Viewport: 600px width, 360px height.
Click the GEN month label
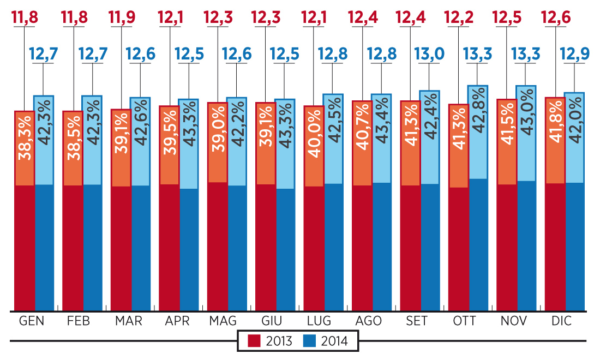31,321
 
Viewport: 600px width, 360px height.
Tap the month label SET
417,321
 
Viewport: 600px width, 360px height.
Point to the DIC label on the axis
561,321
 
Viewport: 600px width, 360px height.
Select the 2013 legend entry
271,341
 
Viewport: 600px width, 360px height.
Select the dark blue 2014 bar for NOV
526,245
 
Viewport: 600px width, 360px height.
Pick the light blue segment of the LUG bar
333,139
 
